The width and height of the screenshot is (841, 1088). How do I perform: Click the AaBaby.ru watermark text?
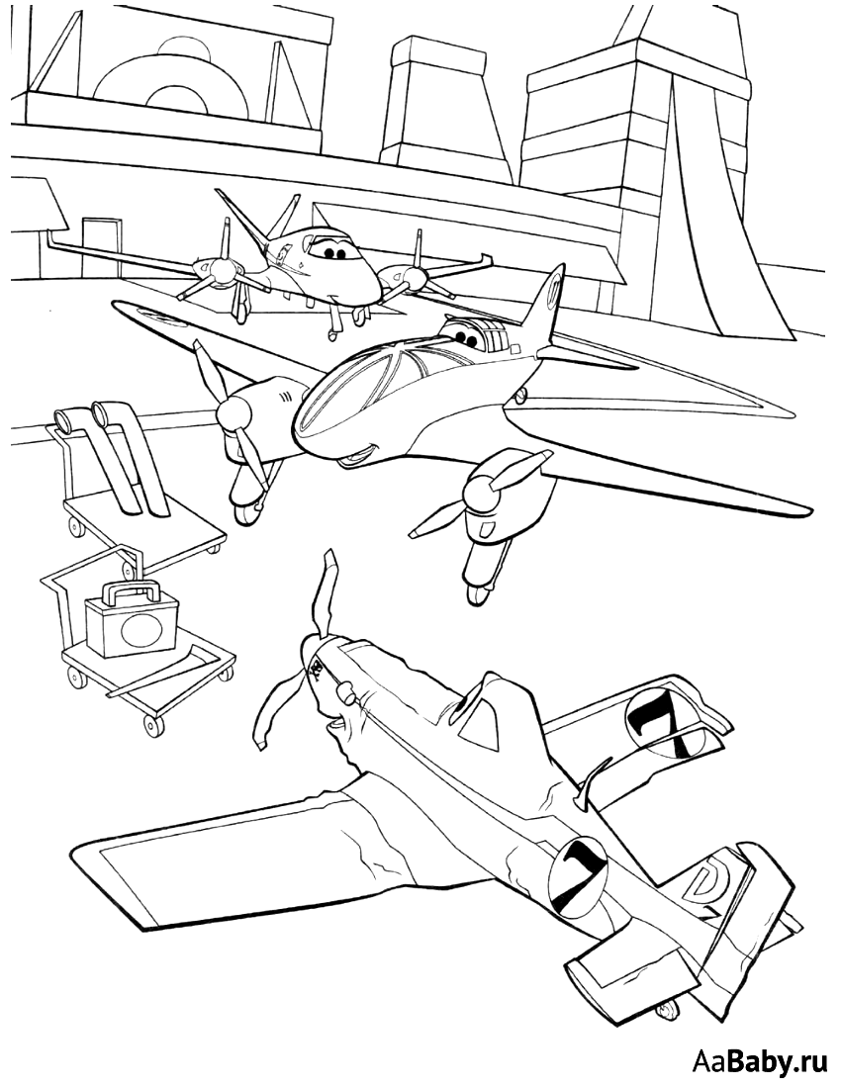[762, 1062]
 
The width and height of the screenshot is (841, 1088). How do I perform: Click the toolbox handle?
[129, 591]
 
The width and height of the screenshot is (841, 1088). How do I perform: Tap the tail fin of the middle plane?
[548, 306]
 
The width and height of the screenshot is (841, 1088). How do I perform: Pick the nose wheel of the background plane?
[333, 334]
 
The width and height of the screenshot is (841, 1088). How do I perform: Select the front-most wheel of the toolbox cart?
[151, 726]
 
